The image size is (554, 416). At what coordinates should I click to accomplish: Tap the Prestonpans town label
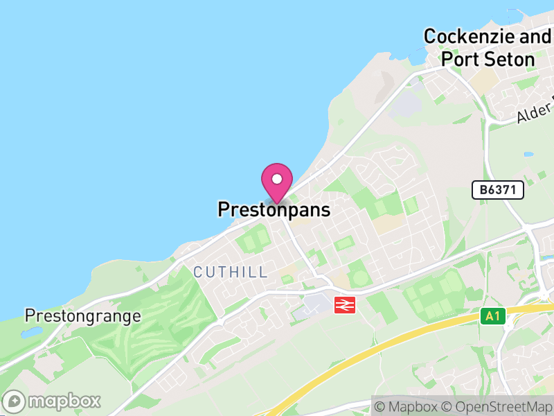pyautogui.click(x=274, y=209)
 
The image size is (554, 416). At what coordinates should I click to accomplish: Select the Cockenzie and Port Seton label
pyautogui.click(x=488, y=47)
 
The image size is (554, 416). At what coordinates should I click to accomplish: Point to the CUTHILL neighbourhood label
pyautogui.click(x=231, y=272)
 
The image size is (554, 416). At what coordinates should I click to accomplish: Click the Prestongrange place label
pyautogui.click(x=83, y=316)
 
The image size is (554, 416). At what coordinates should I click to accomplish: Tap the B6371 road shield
pyautogui.click(x=498, y=190)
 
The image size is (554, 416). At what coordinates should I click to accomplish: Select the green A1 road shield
pyautogui.click(x=492, y=316)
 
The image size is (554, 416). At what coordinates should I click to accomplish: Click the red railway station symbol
pyautogui.click(x=344, y=304)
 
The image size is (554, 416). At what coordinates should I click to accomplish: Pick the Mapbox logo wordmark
pyautogui.click(x=65, y=401)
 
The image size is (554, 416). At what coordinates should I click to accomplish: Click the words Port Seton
pyautogui.click(x=488, y=59)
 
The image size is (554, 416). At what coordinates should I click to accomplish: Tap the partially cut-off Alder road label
pyautogui.click(x=535, y=112)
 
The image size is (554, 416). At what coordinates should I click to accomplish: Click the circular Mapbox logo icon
pyautogui.click(x=15, y=401)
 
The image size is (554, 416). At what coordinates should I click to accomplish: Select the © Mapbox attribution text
pyautogui.click(x=409, y=406)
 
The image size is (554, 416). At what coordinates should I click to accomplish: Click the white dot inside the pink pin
pyautogui.click(x=277, y=178)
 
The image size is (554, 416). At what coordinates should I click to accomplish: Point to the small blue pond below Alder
pyautogui.click(x=529, y=154)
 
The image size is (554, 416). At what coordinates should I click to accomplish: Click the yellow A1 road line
pyautogui.click(x=388, y=347)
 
